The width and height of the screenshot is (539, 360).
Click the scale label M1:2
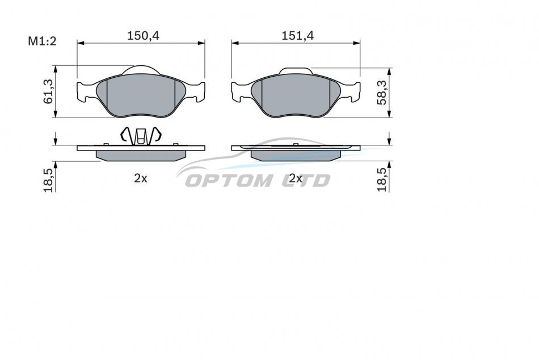tap(42, 41)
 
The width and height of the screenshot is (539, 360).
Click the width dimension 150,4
tap(144, 35)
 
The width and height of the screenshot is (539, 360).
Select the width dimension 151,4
tap(298, 35)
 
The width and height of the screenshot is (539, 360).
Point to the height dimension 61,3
tap(48, 91)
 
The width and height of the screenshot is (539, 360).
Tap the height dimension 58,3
tap(382, 92)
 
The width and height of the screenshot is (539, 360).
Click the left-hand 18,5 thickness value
tap(48, 180)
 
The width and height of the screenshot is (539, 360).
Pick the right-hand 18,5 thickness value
tap(382, 180)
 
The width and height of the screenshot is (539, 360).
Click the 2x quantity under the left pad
tap(141, 178)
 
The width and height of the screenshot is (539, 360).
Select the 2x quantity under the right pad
tap(296, 178)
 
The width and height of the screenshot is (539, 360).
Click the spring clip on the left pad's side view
tap(140, 136)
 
